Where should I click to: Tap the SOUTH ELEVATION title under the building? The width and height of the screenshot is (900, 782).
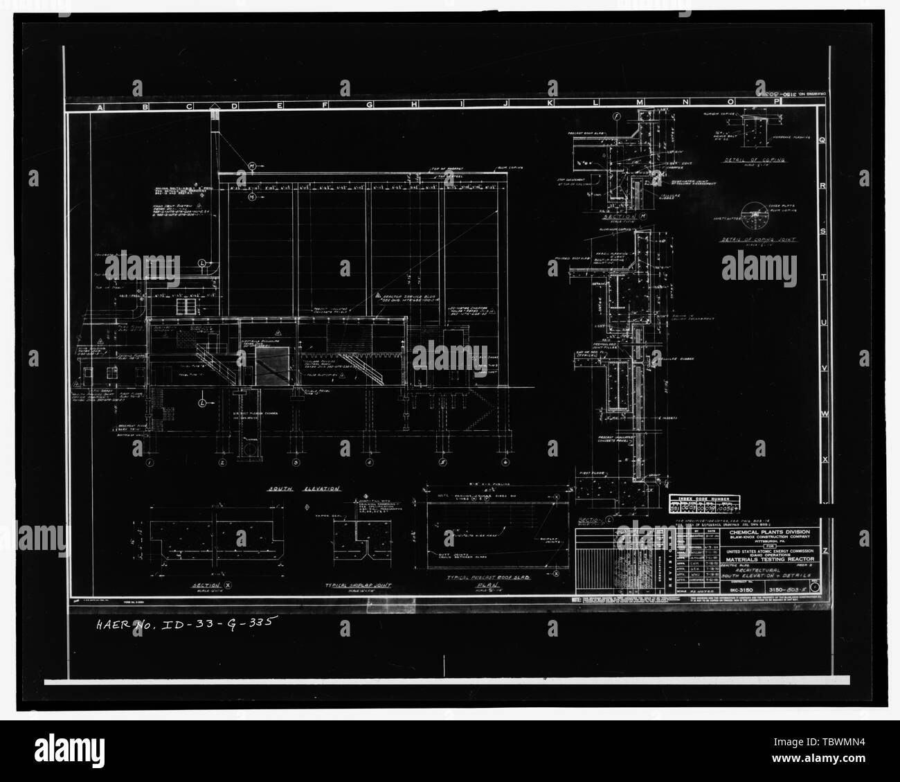coord(305,488)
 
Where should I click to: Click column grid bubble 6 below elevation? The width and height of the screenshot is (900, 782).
coord(505,462)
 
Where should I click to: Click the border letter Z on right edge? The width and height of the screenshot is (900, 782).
coord(824,511)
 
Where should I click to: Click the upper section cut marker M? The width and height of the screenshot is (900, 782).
coord(251,166)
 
